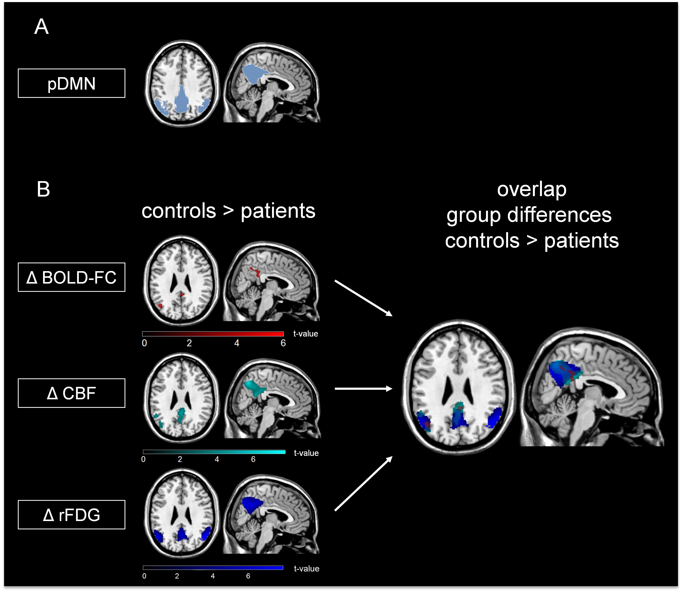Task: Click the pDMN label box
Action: coord(71,83)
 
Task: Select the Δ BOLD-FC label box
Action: coord(71,277)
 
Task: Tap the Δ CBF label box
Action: coord(71,393)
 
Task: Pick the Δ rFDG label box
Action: coord(71,515)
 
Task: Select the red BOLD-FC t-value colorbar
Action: coord(213,334)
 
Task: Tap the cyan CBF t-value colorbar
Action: coord(214,452)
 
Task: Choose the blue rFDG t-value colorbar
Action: coord(213,568)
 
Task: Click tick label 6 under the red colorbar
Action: coord(283,343)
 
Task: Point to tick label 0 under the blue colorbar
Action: coord(144,576)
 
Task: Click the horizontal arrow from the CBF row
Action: coord(363,389)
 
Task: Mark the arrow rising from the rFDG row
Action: coord(363,484)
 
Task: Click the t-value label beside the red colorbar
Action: coord(306,334)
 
